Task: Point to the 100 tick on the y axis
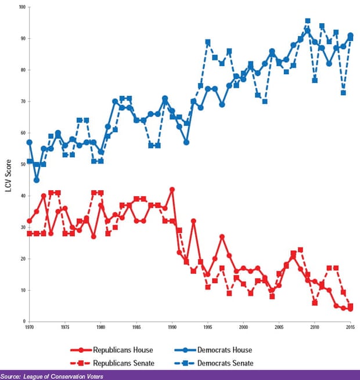[21, 7]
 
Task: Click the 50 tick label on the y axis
[23, 164]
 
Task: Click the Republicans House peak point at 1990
[172, 189]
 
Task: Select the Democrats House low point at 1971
[37, 180]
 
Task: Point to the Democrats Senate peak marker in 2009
[308, 21]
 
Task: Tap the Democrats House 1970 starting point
[29, 142]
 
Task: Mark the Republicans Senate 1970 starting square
[29, 233]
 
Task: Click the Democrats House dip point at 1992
[186, 142]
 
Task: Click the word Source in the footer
[12, 376]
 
